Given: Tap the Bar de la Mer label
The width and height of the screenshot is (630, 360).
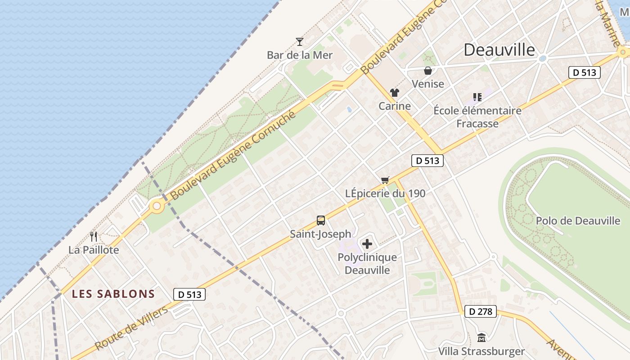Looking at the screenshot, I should point(300,55).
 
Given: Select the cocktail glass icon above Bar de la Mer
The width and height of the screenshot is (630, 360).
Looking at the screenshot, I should point(300,42).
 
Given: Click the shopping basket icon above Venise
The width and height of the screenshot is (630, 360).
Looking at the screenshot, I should point(427,71).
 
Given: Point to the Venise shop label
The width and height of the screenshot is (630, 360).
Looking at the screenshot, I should point(427,84).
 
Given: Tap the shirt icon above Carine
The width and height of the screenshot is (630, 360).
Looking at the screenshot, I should point(395,93).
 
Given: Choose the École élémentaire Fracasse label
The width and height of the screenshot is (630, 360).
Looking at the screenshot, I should point(477,117).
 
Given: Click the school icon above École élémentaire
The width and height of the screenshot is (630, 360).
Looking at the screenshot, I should point(477,97).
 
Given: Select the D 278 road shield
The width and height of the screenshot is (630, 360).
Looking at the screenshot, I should point(481,311).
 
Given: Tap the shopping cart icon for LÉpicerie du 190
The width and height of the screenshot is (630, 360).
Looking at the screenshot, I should point(385,180).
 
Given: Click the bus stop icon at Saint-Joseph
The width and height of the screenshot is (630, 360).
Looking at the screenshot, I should point(320,220).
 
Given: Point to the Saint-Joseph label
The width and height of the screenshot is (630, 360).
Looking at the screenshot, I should point(320,234).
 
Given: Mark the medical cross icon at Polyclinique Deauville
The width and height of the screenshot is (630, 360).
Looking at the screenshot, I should point(367,244).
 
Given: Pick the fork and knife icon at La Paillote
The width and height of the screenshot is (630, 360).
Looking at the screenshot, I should point(94,236).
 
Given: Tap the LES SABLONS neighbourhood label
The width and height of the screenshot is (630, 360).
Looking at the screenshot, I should point(113,294).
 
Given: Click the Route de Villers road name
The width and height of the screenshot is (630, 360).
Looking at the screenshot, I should point(132,327).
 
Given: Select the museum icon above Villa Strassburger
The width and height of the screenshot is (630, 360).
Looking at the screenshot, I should point(481,337).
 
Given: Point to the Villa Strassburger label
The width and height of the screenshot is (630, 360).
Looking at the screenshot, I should point(481,351).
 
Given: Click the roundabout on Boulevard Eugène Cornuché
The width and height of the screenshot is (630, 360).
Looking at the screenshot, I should point(157,207).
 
